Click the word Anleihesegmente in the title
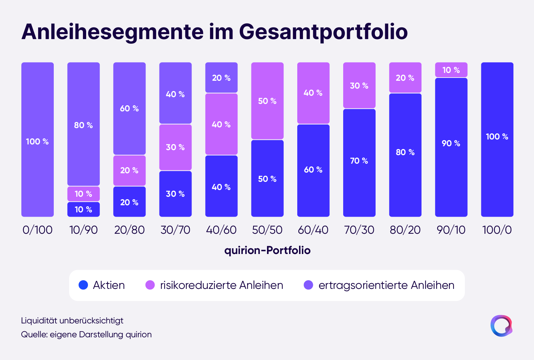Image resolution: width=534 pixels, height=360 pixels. coord(112,32)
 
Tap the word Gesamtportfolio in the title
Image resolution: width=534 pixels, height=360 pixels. coord(323,32)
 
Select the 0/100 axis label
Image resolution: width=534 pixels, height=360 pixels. coord(37,230)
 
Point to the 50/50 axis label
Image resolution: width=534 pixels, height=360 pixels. coord(267,230)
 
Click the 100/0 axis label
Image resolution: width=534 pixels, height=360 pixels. coord(497,230)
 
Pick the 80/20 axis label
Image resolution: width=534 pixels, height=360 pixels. coord(405,230)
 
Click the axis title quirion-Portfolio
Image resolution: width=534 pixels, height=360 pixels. coord(267,250)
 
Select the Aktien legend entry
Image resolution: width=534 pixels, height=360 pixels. coord(102,285)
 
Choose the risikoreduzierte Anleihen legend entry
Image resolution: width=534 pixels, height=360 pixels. coord(214,285)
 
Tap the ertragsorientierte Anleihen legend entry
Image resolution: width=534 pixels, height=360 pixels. coord(379,285)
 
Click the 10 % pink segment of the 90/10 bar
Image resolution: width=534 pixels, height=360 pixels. coord(451,70)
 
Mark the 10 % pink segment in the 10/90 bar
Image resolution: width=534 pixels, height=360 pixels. coord(83,194)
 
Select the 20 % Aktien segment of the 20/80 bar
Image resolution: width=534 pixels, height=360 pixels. coord(129,202)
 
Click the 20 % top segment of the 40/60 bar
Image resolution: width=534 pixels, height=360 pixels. coord(221,78)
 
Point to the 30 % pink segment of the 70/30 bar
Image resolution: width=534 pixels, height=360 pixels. coord(359,86)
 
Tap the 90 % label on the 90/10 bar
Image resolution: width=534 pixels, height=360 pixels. coord(451,143)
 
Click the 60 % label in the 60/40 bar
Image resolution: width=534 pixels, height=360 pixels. coord(313,170)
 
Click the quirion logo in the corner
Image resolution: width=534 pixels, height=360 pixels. coord(501,325)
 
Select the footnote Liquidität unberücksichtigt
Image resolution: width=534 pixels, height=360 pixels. coord(72,321)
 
